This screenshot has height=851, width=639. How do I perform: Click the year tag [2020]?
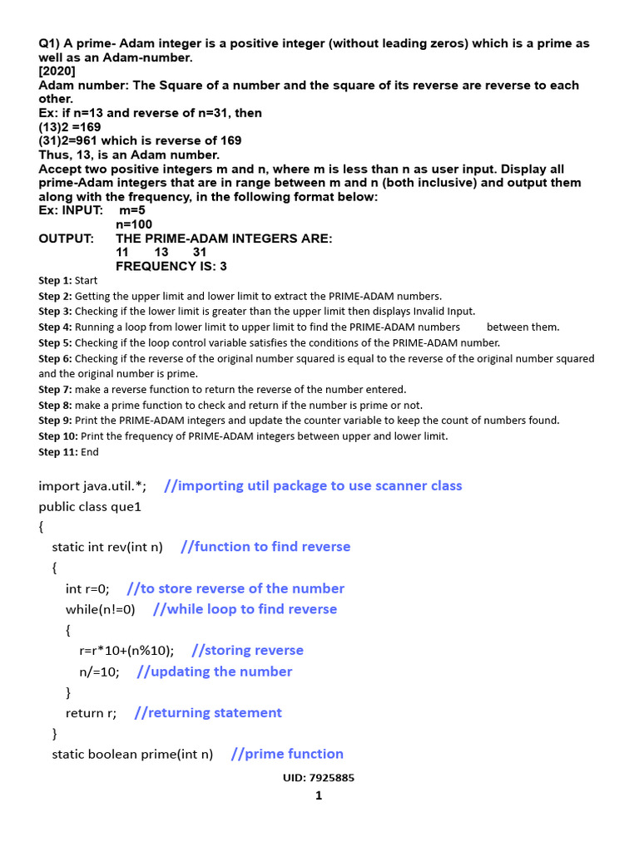(x=57, y=71)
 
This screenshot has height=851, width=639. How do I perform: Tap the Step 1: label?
(x=55, y=280)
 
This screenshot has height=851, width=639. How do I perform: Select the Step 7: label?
(x=55, y=389)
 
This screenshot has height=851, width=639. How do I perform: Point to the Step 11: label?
(x=58, y=451)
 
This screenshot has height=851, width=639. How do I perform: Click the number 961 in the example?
(x=88, y=141)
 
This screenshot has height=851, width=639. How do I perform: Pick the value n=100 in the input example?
(x=134, y=224)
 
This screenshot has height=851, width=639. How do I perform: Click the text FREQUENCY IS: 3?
(x=171, y=267)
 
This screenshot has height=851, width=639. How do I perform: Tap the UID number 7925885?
(x=332, y=778)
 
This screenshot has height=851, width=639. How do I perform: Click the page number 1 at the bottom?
(x=319, y=795)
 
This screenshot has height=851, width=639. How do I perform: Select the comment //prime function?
(x=287, y=754)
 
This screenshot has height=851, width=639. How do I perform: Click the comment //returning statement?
(x=208, y=712)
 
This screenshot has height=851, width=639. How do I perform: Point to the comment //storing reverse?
(x=247, y=650)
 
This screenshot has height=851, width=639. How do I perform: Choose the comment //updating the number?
(x=215, y=671)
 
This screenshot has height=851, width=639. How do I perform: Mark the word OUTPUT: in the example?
(x=67, y=239)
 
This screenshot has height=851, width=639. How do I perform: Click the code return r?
(x=91, y=712)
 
